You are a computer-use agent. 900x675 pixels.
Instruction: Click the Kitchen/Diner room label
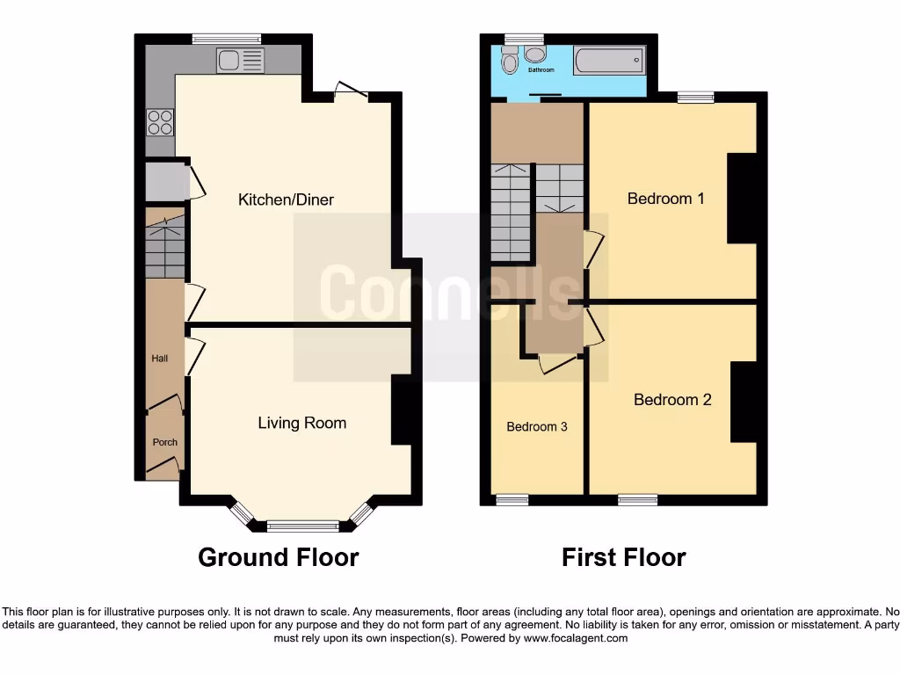point(286,200)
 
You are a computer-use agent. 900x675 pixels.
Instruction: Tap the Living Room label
point(301,423)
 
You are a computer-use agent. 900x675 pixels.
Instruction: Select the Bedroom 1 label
point(665,199)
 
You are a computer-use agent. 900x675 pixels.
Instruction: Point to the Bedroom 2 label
point(672,400)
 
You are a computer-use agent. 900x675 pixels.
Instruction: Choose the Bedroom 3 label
point(536,427)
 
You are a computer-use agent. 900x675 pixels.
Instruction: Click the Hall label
point(160,359)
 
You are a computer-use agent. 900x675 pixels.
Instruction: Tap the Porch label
point(164,442)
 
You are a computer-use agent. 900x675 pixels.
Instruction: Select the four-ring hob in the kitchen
point(160,121)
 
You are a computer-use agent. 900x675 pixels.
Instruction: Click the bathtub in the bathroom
point(609,61)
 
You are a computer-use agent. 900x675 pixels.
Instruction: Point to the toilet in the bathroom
point(510,62)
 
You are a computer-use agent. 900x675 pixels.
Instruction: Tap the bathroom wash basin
point(534,54)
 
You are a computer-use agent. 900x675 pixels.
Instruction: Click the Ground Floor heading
point(278,557)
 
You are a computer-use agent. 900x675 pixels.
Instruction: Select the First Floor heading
point(623,557)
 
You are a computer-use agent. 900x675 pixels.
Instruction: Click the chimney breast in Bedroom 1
point(741,199)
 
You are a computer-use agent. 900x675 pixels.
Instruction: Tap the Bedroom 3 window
point(512,500)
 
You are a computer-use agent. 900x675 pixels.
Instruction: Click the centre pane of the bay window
point(302,526)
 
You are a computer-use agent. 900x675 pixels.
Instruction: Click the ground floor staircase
point(165,246)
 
